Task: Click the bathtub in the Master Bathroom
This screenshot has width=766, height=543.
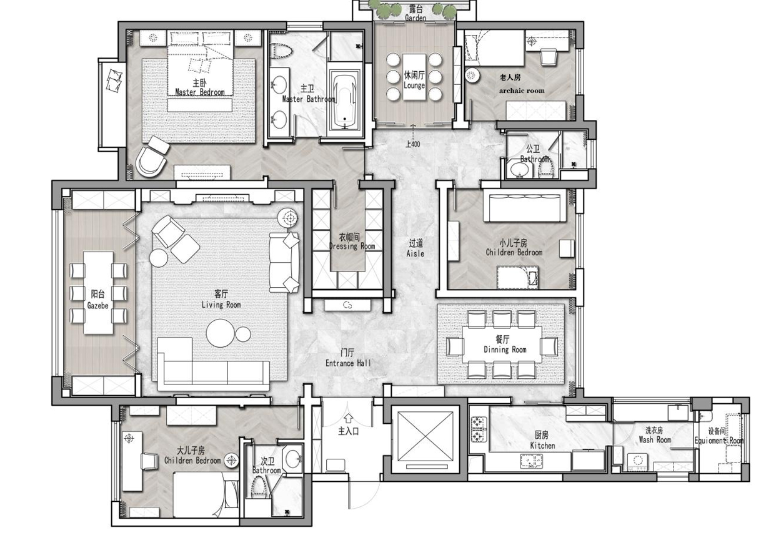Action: (345, 101)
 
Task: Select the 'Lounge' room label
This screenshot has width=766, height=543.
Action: (414, 86)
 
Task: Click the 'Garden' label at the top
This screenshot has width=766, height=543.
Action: (415, 17)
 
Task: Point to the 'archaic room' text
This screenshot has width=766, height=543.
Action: (522, 90)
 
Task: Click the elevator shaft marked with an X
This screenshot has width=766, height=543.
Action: (425, 436)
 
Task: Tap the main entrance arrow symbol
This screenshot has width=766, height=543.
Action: (349, 418)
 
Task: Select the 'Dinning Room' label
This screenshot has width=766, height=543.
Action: (505, 350)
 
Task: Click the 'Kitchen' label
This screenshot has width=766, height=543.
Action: (543, 446)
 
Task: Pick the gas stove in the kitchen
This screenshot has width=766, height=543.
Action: (479, 429)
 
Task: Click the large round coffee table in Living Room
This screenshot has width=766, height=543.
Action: (221, 333)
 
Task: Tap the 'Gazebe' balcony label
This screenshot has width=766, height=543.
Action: (97, 306)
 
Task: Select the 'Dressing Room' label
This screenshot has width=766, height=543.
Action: (352, 246)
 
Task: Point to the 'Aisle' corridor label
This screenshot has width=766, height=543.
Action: (415, 253)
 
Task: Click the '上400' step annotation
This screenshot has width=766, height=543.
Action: (413, 144)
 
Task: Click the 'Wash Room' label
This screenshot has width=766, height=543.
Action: (655, 440)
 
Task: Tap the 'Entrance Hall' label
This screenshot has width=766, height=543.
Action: (348, 363)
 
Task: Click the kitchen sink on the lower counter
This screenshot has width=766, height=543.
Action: (531, 461)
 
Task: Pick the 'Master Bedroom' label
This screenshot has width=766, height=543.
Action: (200, 92)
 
